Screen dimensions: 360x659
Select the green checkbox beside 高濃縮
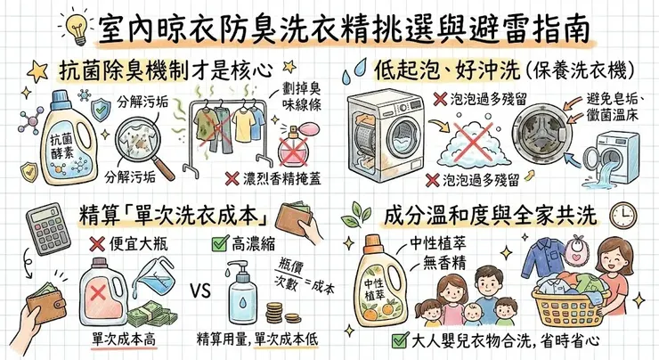click(217, 242)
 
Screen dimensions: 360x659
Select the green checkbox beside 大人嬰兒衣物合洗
click(398, 342)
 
